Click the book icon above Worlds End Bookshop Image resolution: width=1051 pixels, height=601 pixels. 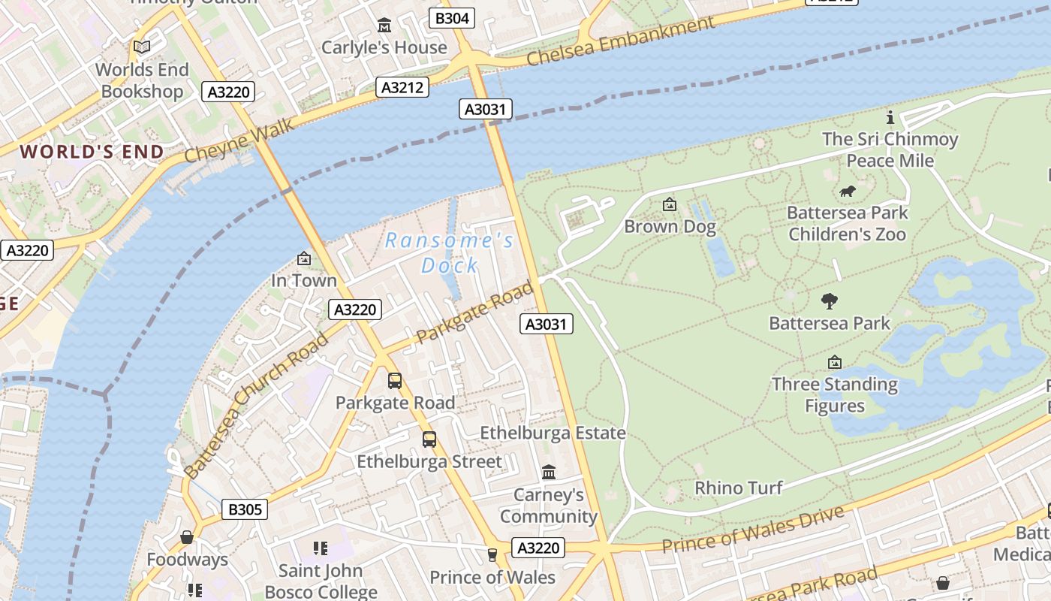pyautogui.click(x=142, y=47)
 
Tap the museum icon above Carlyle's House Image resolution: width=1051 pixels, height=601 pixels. pyautogui.click(x=384, y=25)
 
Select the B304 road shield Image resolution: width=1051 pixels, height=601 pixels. pyautogui.click(x=452, y=18)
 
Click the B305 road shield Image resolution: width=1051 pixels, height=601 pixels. pyautogui.click(x=245, y=509)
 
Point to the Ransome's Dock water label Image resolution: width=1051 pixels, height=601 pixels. pyautogui.click(x=450, y=252)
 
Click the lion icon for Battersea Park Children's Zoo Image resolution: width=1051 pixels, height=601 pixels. pyautogui.click(x=848, y=191)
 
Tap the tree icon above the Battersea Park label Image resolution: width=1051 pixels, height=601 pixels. pyautogui.click(x=830, y=301)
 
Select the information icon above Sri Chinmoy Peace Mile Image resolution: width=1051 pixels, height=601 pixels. pyautogui.click(x=890, y=117)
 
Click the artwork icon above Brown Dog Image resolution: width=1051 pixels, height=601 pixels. pyautogui.click(x=670, y=204)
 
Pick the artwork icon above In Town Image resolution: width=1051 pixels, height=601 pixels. pyautogui.click(x=304, y=258)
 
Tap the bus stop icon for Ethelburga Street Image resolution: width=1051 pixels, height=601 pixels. pyautogui.click(x=429, y=439)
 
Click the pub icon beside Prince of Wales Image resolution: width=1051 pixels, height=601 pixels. pyautogui.click(x=492, y=555)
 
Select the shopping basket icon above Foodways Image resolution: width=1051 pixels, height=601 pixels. pyautogui.click(x=187, y=537)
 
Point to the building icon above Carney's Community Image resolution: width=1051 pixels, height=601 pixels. pyautogui.click(x=549, y=473)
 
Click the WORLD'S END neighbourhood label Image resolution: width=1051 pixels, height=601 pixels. pyautogui.click(x=92, y=152)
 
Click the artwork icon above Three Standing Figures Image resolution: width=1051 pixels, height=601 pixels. pyautogui.click(x=835, y=363)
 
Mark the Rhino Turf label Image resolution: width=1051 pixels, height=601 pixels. pyautogui.click(x=739, y=488)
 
